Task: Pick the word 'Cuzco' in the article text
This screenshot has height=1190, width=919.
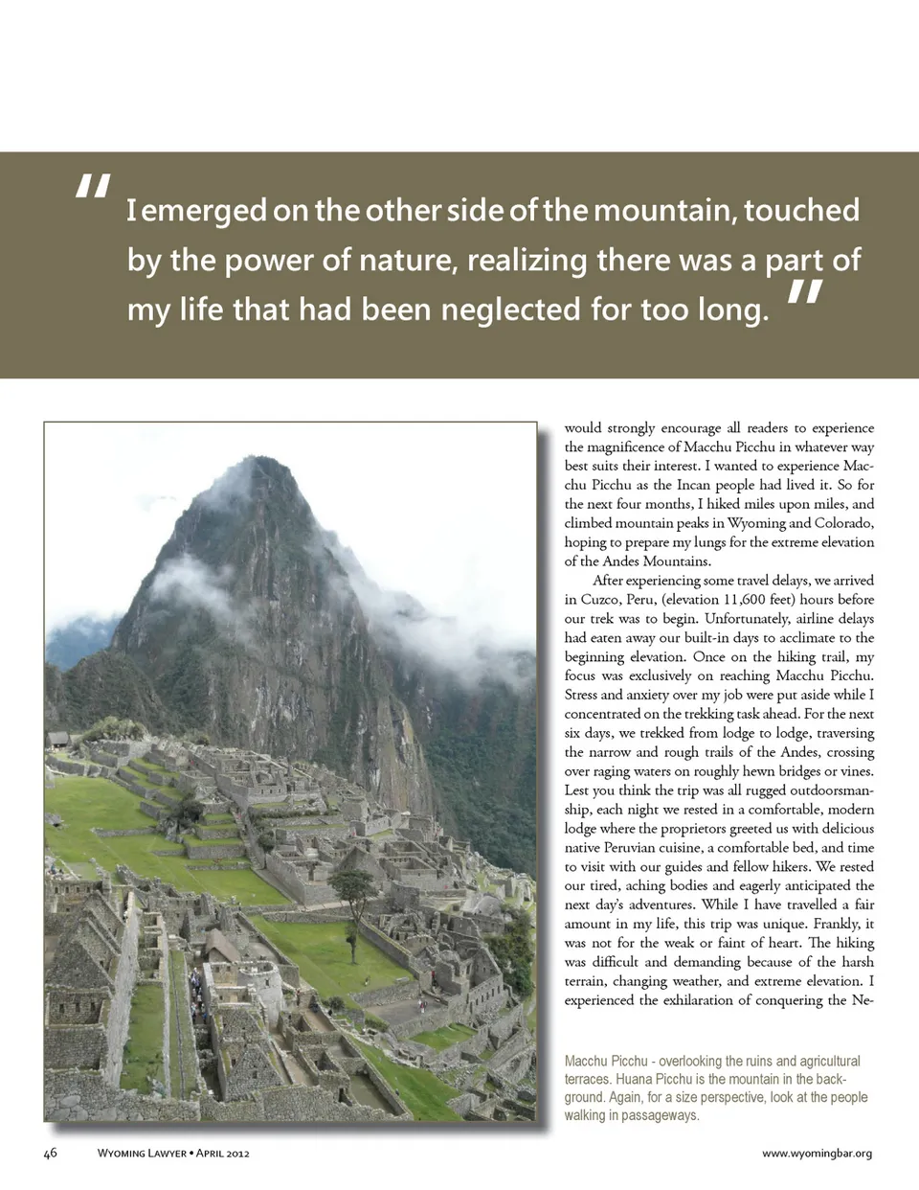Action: [599, 600]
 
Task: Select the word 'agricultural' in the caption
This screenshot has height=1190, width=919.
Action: [825, 1062]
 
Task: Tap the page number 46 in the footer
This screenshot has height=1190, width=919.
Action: [50, 1153]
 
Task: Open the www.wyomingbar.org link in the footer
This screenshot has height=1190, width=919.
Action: [817, 1154]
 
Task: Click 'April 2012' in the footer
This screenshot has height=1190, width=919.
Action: [222, 1154]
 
